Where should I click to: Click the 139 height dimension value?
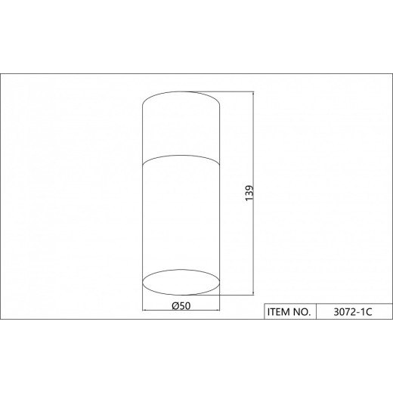[x=249, y=193]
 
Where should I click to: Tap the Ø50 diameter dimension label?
[x=181, y=306]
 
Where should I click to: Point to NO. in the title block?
[x=302, y=312]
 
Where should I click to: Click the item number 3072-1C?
[x=353, y=312]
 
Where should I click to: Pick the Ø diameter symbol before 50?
[x=175, y=306]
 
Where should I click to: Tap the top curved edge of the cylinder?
[x=181, y=91]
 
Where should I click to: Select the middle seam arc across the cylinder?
[x=181, y=156]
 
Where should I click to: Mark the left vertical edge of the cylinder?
[x=143, y=193]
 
